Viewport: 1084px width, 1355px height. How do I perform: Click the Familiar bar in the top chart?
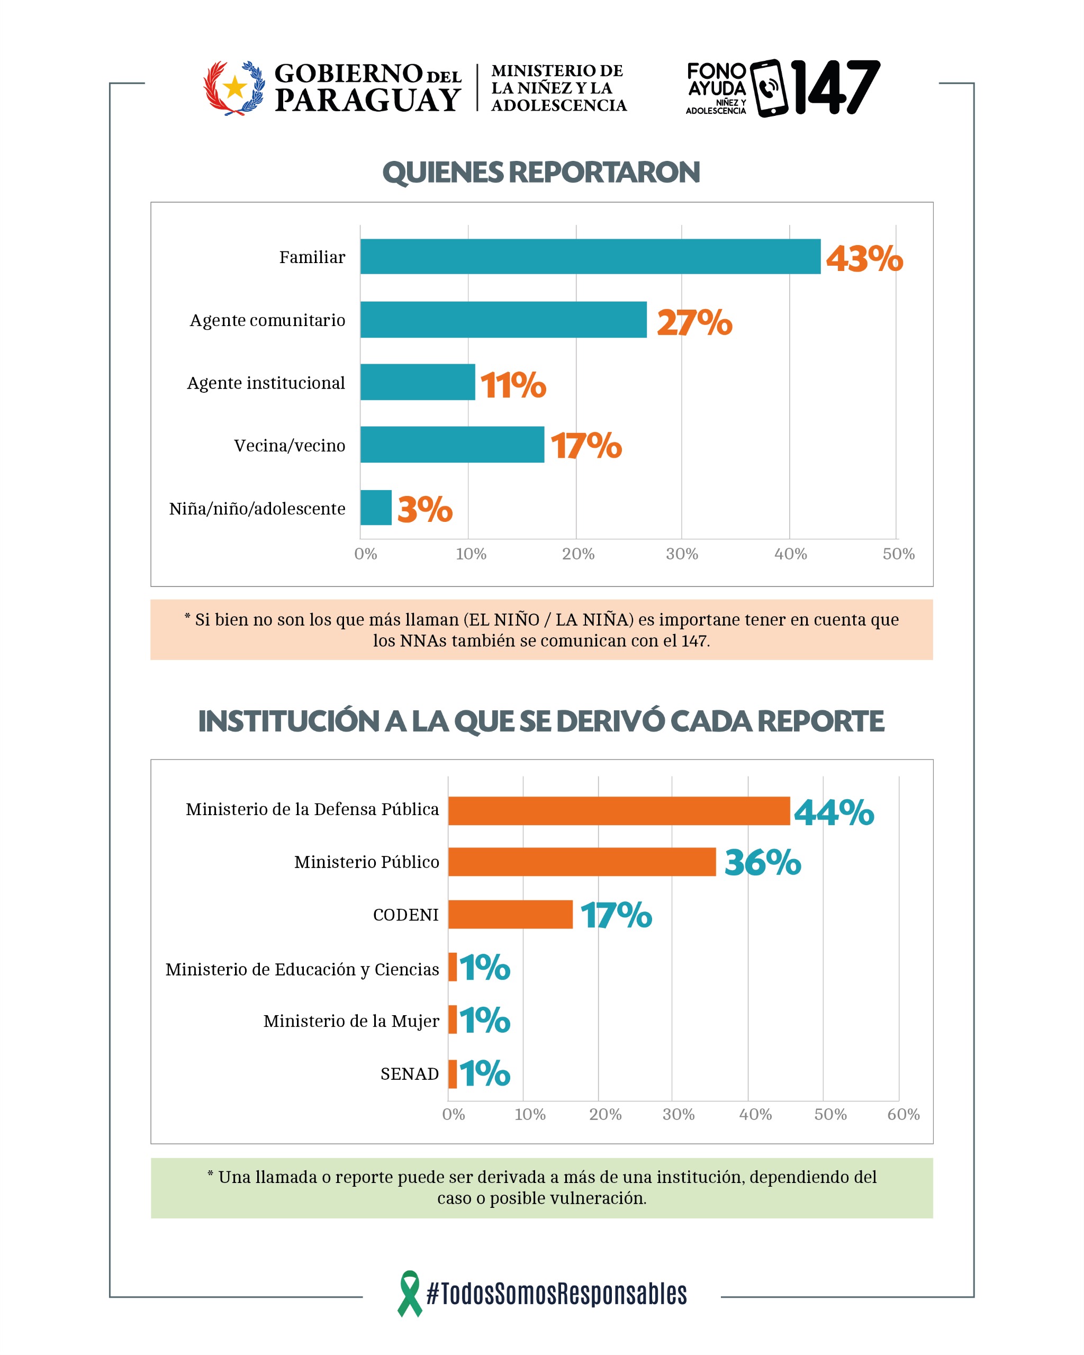pos(590,256)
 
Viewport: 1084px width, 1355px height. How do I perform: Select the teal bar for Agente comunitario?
pos(503,319)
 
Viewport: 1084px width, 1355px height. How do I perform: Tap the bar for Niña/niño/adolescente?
pos(375,507)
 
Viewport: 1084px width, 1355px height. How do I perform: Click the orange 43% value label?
pos(863,258)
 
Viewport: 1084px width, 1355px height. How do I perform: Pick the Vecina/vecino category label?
pos(289,446)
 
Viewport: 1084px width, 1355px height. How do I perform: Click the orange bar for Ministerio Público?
pos(581,861)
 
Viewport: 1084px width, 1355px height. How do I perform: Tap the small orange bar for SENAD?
pos(452,1073)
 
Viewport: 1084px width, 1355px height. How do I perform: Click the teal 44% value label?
pos(833,811)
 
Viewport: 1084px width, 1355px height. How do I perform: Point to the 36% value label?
pos(762,862)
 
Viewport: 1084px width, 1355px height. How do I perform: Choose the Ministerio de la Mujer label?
pos(350,1020)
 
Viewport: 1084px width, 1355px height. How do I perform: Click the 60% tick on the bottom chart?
pos(903,1114)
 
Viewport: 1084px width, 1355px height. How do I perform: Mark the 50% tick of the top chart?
pos(898,554)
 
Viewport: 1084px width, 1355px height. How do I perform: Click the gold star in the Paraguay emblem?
pos(234,87)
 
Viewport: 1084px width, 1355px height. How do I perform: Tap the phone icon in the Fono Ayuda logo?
pos(769,88)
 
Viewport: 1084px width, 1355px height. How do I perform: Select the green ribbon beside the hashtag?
pos(409,1294)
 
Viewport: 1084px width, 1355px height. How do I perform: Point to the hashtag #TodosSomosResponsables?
pos(556,1294)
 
